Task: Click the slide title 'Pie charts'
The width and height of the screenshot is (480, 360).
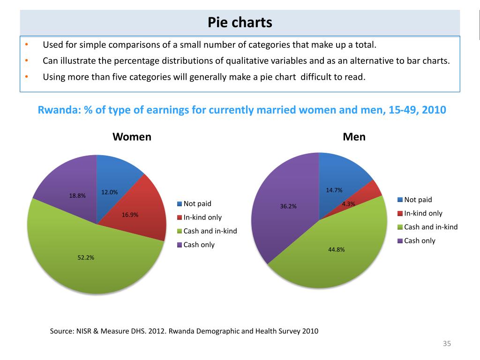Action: pos(240,22)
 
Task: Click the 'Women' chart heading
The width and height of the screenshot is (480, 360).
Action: pos(132,137)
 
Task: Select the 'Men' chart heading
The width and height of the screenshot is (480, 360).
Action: pos(354,137)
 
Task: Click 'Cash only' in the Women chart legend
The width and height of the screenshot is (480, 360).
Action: pos(199,245)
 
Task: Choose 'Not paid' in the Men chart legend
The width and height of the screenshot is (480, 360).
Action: pos(418,200)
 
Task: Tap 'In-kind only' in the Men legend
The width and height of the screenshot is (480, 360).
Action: pos(423,213)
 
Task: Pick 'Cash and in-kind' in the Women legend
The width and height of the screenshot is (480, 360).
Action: pos(210,231)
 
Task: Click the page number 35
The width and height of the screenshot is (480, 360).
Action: pos(446,344)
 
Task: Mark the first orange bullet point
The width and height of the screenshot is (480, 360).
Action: pos(27,45)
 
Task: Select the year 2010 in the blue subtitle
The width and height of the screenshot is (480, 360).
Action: pos(434,110)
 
